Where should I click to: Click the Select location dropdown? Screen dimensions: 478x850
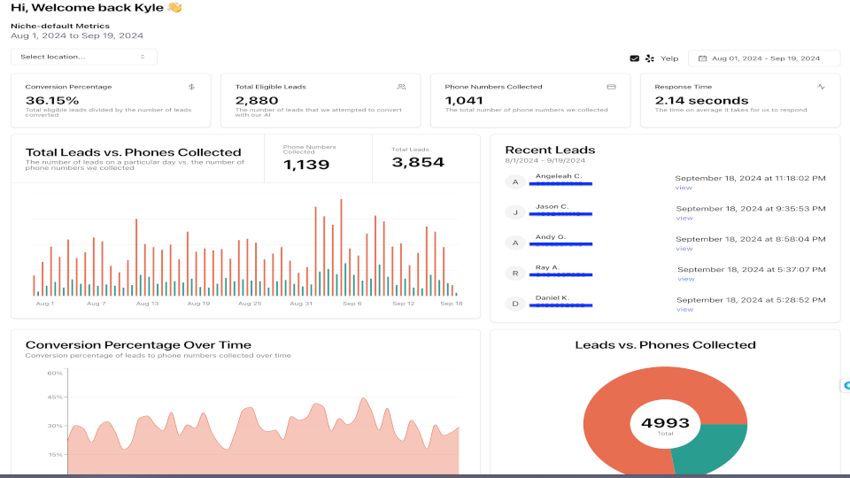(x=83, y=57)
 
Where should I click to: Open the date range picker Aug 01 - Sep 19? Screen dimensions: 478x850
(x=765, y=58)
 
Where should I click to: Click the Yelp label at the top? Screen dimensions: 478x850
(x=669, y=58)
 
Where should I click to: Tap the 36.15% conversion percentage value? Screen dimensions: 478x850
(x=52, y=100)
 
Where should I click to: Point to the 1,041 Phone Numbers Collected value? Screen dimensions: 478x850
(x=464, y=100)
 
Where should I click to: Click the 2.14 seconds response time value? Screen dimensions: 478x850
(x=701, y=100)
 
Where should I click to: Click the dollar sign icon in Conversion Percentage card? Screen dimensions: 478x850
(x=191, y=87)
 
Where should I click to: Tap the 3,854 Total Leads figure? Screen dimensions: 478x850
(x=418, y=163)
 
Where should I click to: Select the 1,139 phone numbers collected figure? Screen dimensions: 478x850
(x=306, y=165)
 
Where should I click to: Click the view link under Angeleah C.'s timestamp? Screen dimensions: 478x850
(x=684, y=188)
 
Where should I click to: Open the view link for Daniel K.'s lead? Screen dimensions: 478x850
(x=684, y=310)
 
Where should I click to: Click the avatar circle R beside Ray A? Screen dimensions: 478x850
(x=514, y=274)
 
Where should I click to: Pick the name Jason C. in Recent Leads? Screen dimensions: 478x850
(x=552, y=206)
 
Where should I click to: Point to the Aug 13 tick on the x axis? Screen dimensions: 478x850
(x=148, y=304)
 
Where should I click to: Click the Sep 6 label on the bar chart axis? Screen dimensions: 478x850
(x=352, y=304)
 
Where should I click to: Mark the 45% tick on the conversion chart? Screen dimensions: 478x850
(x=55, y=397)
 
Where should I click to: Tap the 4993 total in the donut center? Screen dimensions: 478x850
(x=665, y=423)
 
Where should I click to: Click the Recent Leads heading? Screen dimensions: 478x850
(x=550, y=150)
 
